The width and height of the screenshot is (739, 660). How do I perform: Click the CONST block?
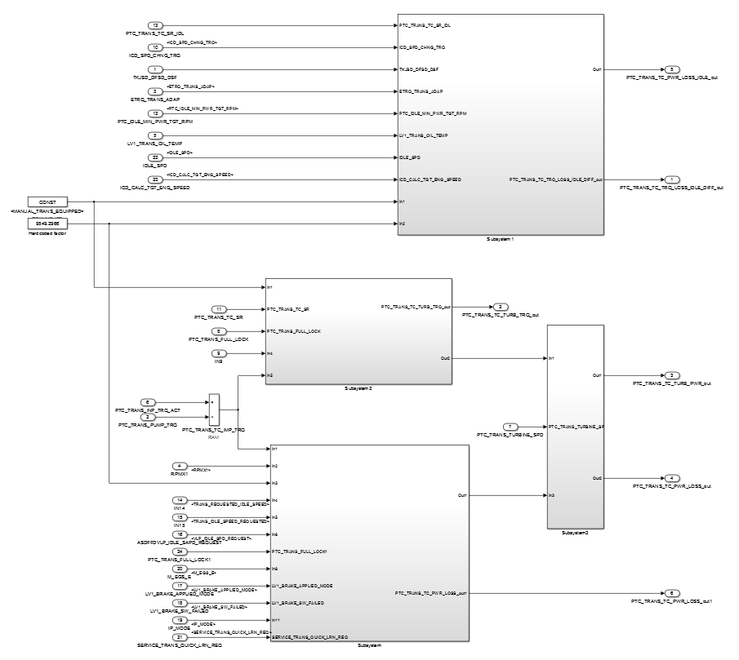[47, 201]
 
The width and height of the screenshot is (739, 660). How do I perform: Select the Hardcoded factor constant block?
[47, 223]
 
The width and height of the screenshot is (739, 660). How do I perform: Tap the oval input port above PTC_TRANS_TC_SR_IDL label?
[157, 25]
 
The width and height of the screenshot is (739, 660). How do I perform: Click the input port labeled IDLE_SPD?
[157, 157]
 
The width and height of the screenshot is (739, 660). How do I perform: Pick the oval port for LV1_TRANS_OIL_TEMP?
[157, 135]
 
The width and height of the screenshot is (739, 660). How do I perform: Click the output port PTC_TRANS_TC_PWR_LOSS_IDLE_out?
[670, 69]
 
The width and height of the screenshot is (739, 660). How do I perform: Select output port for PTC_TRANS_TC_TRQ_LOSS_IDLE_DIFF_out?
[672, 179]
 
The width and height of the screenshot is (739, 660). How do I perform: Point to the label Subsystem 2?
[358, 388]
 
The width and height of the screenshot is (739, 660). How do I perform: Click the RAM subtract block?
[213, 408]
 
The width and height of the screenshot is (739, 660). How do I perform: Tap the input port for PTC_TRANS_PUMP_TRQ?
[148, 416]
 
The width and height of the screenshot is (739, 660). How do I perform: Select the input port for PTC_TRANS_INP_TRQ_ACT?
[148, 402]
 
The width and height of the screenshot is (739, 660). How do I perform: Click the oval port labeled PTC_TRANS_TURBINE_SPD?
[510, 427]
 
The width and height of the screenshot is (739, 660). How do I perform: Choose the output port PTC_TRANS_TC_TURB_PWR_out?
[670, 375]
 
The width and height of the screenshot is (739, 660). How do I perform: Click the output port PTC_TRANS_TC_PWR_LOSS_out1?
[670, 592]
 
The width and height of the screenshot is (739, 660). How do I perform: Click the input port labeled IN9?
[219, 352]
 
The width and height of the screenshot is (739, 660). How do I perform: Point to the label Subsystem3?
[575, 533]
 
